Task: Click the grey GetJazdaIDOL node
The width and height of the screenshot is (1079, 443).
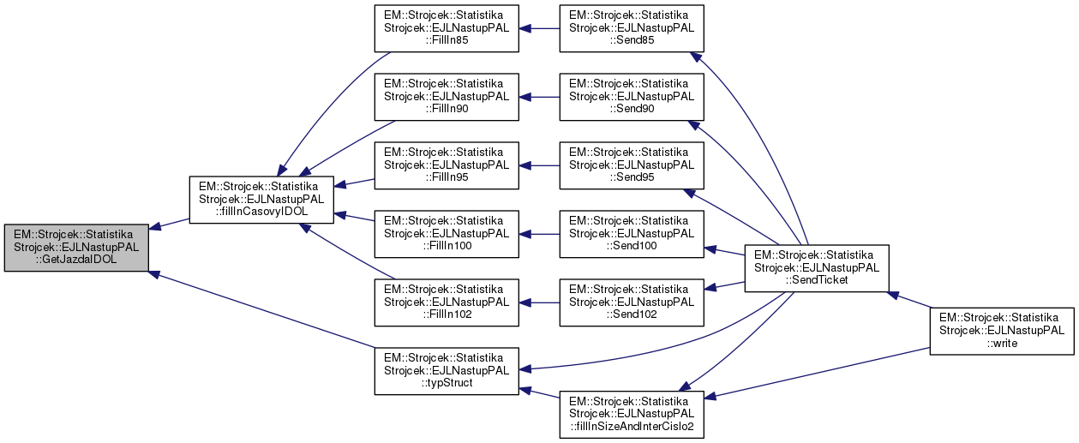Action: click(x=76, y=248)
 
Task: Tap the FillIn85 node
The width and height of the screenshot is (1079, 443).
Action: click(x=446, y=29)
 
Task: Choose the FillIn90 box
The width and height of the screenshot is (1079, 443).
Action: click(x=446, y=97)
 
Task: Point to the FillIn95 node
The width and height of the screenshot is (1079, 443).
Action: click(x=446, y=165)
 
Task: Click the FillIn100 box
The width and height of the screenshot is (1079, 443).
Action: click(x=446, y=233)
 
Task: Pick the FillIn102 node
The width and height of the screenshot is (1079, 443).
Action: click(x=446, y=302)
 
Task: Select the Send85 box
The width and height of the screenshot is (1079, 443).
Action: click(x=632, y=29)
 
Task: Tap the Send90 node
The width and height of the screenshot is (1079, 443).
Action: click(x=632, y=97)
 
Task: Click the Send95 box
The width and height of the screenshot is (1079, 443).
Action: click(x=632, y=165)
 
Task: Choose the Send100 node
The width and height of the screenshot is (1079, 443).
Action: click(x=632, y=233)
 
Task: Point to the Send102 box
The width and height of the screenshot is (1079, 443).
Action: click(x=632, y=302)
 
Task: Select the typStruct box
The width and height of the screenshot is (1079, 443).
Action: click(x=446, y=370)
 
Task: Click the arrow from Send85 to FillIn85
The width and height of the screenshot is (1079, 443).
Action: click(x=539, y=29)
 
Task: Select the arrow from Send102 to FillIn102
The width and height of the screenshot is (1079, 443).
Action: click(x=539, y=302)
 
